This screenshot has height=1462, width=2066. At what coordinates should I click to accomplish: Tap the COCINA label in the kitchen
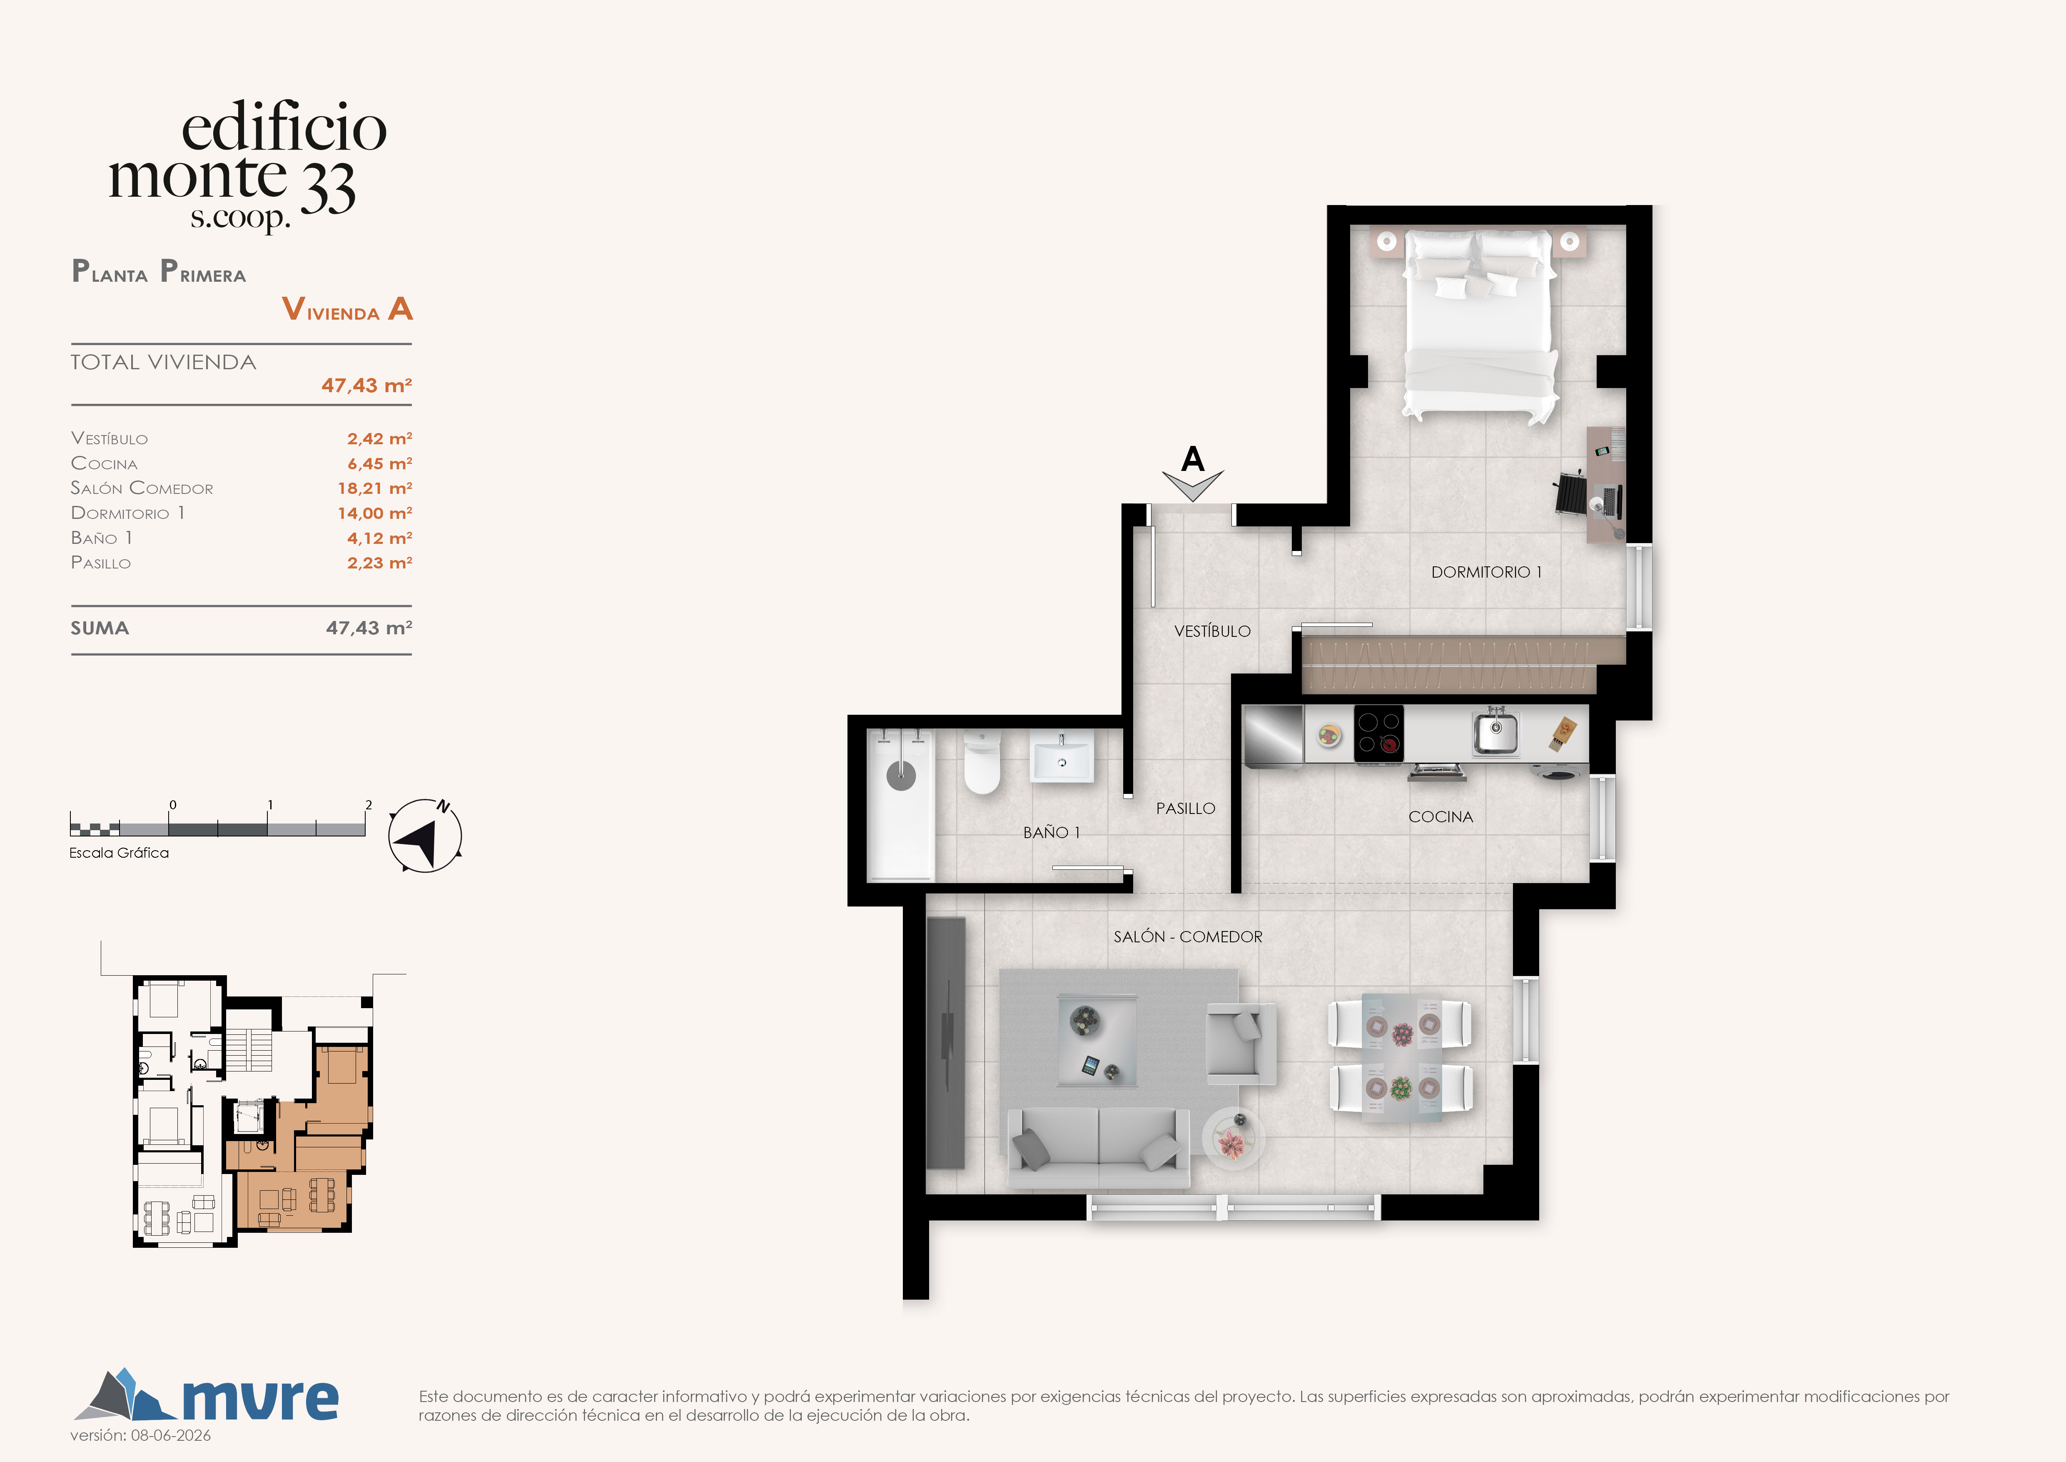pos(1440,816)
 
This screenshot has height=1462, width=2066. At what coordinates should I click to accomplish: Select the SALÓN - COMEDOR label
pos(1188,936)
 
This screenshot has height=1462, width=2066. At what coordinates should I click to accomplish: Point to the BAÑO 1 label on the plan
pos(1051,832)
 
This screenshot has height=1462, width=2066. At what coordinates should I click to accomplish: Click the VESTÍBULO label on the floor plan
pos(1212,631)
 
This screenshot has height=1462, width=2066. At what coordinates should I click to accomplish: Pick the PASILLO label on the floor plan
pos(1185,809)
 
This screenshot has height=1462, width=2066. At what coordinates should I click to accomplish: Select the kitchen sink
pos(1495,732)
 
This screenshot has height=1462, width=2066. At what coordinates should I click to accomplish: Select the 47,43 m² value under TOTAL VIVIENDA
pos(366,386)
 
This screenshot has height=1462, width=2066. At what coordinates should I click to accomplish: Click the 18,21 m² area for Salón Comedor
pos(374,488)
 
